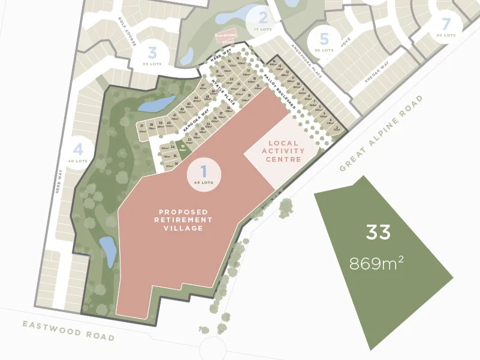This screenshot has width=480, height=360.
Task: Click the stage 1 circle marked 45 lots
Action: [204, 174]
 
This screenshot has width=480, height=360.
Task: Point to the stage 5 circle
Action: [324, 43]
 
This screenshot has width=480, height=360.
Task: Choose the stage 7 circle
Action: [445, 28]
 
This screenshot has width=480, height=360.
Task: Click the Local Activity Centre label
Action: [283, 151]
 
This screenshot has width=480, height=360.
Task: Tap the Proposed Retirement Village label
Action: [184, 220]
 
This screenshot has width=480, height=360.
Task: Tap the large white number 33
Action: [378, 232]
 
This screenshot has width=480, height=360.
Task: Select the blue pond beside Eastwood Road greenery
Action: [108, 252]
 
